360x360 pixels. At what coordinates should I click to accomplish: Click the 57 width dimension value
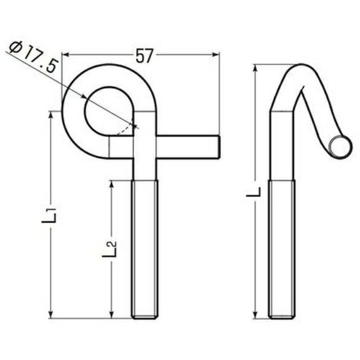point(144,56)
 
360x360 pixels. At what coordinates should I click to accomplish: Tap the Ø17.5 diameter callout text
point(32,57)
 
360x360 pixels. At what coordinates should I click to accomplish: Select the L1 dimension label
point(49,215)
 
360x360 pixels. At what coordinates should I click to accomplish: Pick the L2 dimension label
point(110,249)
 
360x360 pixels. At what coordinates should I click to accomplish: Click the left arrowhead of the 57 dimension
point(66,55)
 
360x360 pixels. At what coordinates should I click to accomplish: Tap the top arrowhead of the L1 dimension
point(51,115)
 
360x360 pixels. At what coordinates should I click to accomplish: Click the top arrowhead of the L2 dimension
point(112,184)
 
